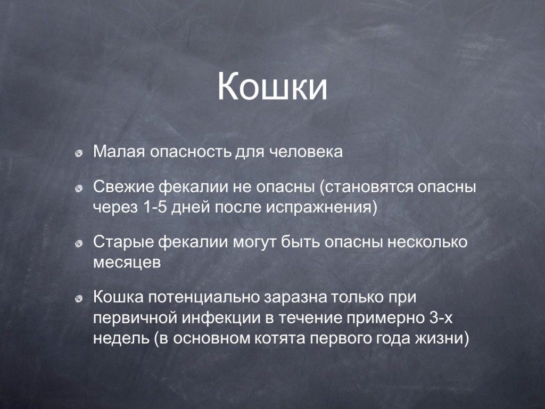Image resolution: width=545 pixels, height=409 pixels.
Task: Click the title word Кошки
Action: pyautogui.click(x=272, y=87)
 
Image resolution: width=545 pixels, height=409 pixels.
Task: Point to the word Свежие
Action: pyautogui.click(x=123, y=187)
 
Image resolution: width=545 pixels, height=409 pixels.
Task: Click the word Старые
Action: pyautogui.click(x=123, y=242)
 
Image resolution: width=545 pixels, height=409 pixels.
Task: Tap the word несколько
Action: pyautogui.click(x=427, y=242)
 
